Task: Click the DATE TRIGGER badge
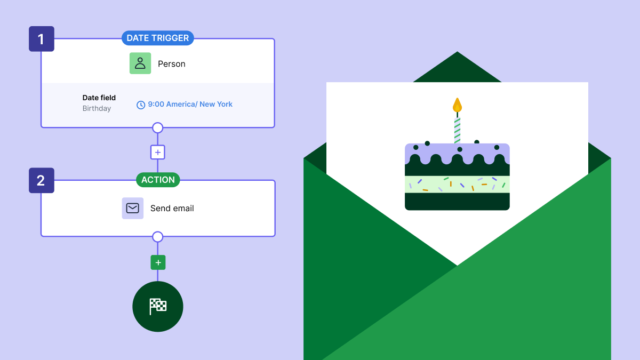157,38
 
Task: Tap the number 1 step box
41,39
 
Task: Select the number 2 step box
41,180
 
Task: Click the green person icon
140,63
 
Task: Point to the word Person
172,64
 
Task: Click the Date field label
99,98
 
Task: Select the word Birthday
97,108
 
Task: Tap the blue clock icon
141,105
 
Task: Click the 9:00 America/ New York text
190,104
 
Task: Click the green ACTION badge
158,180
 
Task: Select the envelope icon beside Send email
133,208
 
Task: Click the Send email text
172,209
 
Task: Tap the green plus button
158,262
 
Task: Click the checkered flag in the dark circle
158,306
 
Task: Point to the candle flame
457,105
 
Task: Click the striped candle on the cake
457,130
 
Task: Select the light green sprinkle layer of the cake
457,185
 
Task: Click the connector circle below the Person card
157,127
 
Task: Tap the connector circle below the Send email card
157,236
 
